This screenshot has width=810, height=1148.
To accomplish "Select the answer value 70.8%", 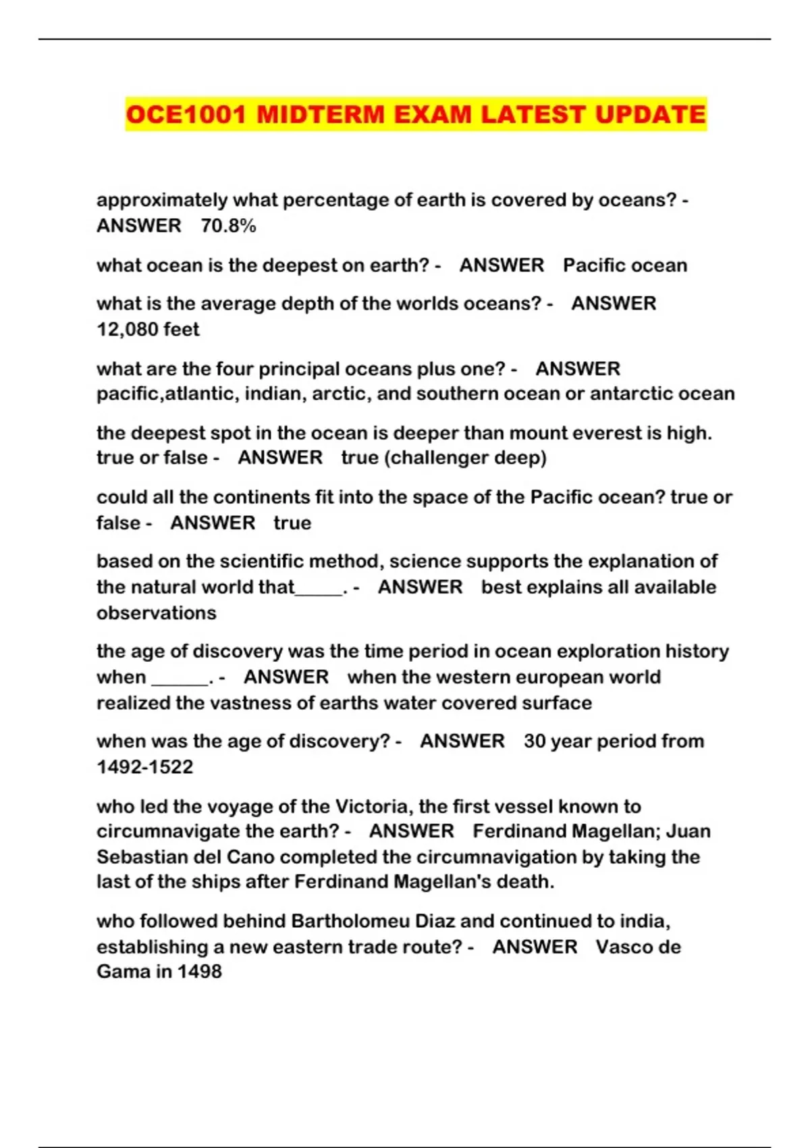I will [x=228, y=226].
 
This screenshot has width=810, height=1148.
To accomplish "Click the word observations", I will [x=156, y=613].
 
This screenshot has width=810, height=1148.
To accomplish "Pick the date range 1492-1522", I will [x=144, y=767].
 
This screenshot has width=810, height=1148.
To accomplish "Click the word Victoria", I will [x=373, y=806].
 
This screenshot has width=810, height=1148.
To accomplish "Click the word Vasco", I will [x=624, y=947].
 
